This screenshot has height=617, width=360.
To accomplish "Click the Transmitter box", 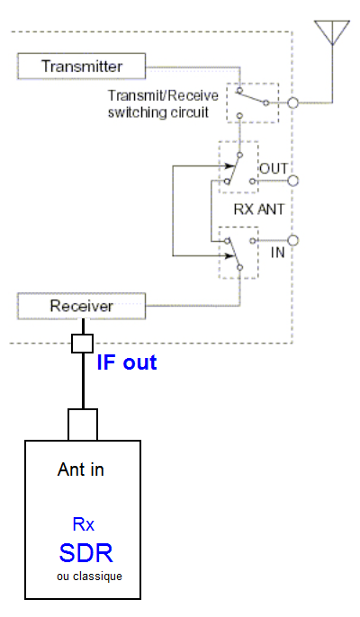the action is click(x=82, y=67).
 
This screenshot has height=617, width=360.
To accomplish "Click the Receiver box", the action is click(x=82, y=306).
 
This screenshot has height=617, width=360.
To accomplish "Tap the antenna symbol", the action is click(x=332, y=32).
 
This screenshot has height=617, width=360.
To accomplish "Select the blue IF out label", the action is click(x=127, y=362).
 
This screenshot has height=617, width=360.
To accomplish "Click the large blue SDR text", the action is click(x=86, y=553).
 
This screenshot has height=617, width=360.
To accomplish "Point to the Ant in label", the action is click(x=81, y=469).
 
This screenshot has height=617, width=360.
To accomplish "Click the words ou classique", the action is click(x=89, y=577).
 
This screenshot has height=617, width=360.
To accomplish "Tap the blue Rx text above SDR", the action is click(x=84, y=524).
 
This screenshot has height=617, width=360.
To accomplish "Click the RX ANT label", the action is click(x=259, y=210).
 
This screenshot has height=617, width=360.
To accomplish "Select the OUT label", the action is click(x=274, y=168).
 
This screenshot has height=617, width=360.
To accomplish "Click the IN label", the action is click(x=278, y=252).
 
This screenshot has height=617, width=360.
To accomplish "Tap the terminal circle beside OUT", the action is click(x=292, y=181).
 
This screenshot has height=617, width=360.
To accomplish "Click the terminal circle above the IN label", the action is click(x=292, y=240).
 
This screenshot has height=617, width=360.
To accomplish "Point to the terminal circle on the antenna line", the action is click(x=292, y=103).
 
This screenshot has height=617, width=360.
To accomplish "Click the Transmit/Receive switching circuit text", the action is click(x=163, y=104).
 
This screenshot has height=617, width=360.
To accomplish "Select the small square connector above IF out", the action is click(x=82, y=344).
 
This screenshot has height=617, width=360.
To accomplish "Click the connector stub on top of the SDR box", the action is click(x=83, y=425).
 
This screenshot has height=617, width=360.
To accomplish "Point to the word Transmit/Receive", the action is click(x=163, y=96).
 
